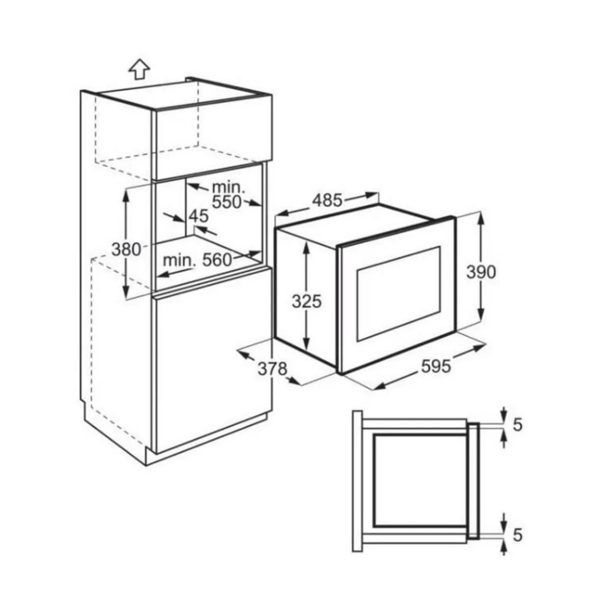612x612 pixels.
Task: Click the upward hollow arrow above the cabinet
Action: click(x=139, y=70)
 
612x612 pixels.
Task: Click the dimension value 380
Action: click(x=126, y=250)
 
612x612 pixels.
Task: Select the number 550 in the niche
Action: click(x=226, y=202)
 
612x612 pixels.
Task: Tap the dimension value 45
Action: click(x=199, y=216)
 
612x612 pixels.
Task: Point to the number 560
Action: click(x=217, y=260)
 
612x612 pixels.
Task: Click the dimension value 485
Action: click(x=327, y=200)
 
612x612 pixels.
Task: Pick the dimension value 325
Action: click(x=307, y=301)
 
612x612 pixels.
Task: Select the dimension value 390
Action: click(x=481, y=272)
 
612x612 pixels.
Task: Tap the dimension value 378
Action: click(x=272, y=369)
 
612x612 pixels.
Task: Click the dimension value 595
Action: click(x=436, y=366)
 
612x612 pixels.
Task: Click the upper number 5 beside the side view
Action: click(x=518, y=425)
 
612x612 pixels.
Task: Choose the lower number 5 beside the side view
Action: click(x=518, y=535)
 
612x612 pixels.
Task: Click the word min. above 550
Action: click(x=229, y=187)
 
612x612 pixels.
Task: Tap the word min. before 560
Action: click(x=179, y=260)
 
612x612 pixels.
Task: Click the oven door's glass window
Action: click(x=398, y=293)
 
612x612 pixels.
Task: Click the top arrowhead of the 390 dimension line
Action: click(x=481, y=218)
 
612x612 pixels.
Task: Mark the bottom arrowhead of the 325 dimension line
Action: click(x=307, y=343)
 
